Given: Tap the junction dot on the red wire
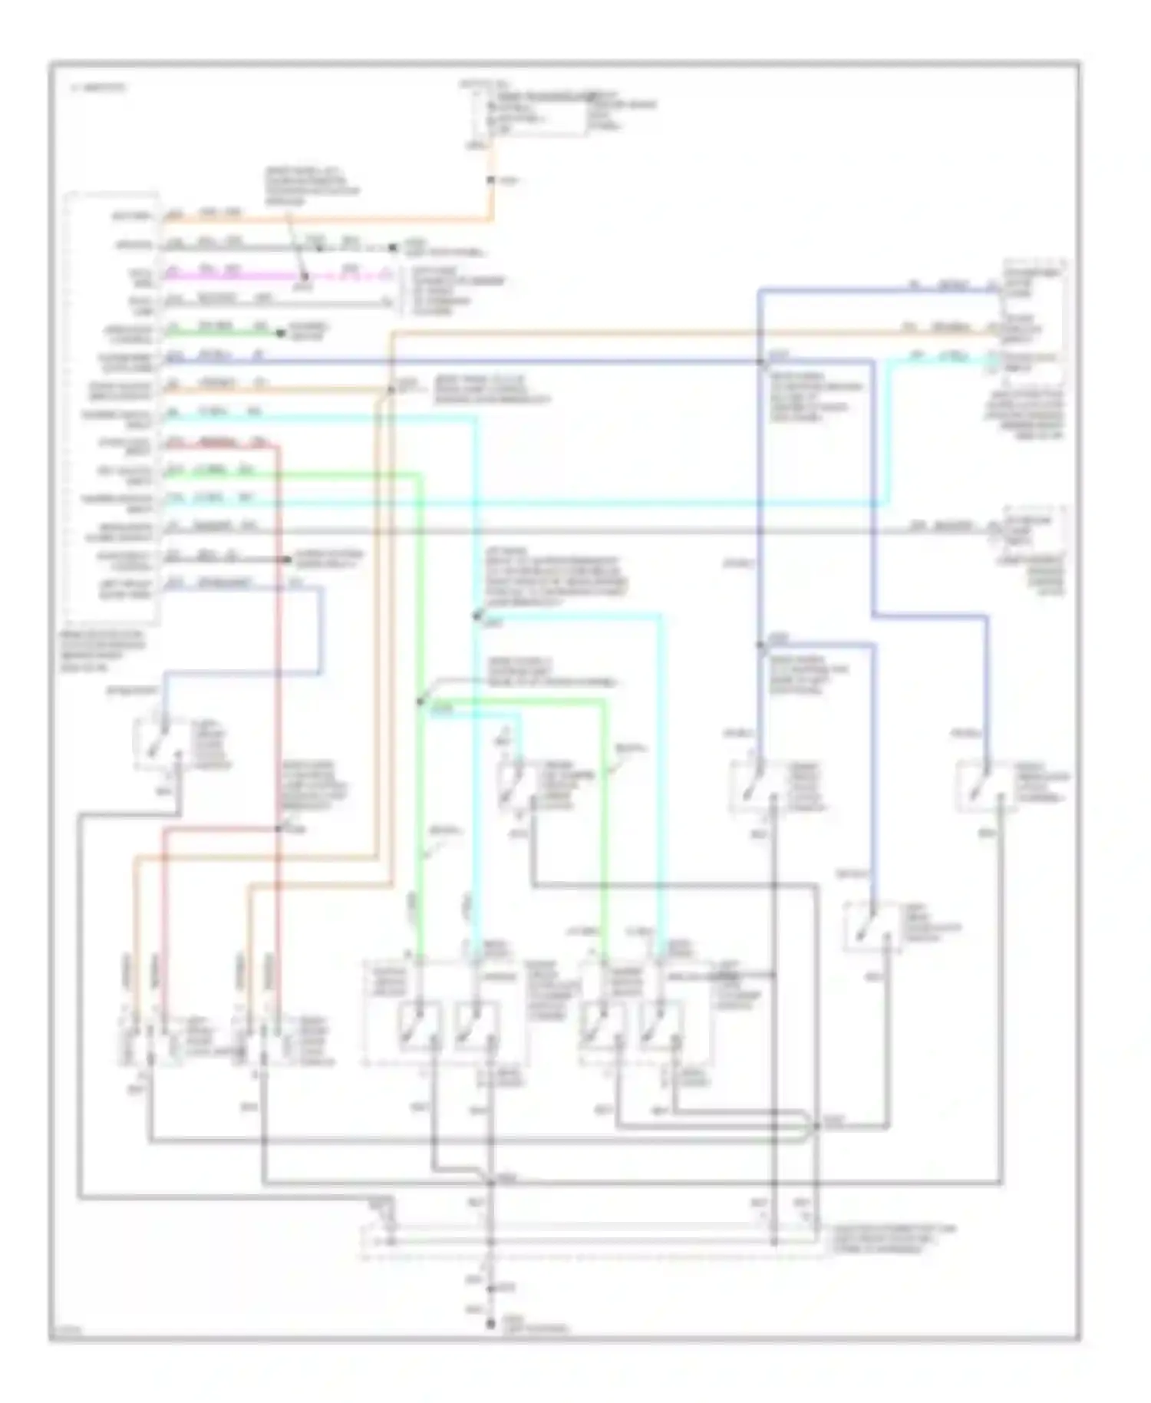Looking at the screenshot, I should (x=279, y=828).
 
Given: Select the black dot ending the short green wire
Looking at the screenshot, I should (x=280, y=333).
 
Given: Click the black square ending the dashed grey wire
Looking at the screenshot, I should (x=393, y=248).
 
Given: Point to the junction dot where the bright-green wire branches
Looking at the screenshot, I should (x=420, y=701).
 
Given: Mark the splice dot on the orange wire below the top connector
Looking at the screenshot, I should (x=491, y=181).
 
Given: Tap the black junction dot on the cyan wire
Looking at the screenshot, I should (x=476, y=616).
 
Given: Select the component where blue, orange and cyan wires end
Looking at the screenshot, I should (x=1032, y=322).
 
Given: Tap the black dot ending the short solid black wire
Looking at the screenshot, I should (x=285, y=560).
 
